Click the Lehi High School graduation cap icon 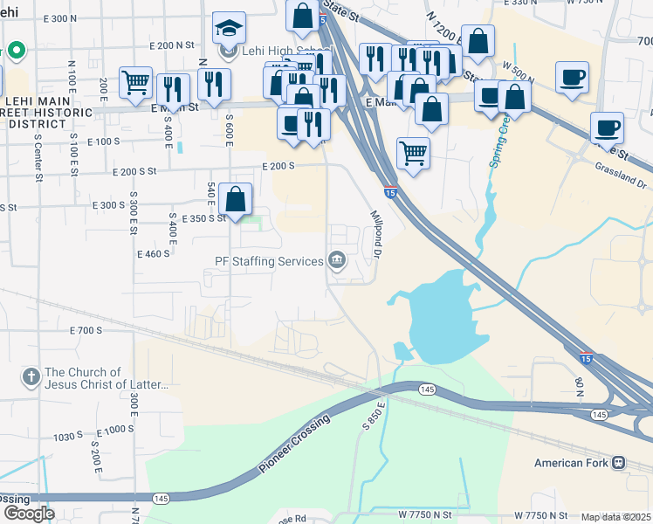point(230,30)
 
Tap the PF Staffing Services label point(269,259)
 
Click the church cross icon point(31,377)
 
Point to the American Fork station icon point(618,461)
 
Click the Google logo point(29,513)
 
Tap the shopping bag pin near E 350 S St point(236,199)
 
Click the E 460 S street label point(153,253)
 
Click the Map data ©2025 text point(616,517)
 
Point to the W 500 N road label point(519,67)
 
